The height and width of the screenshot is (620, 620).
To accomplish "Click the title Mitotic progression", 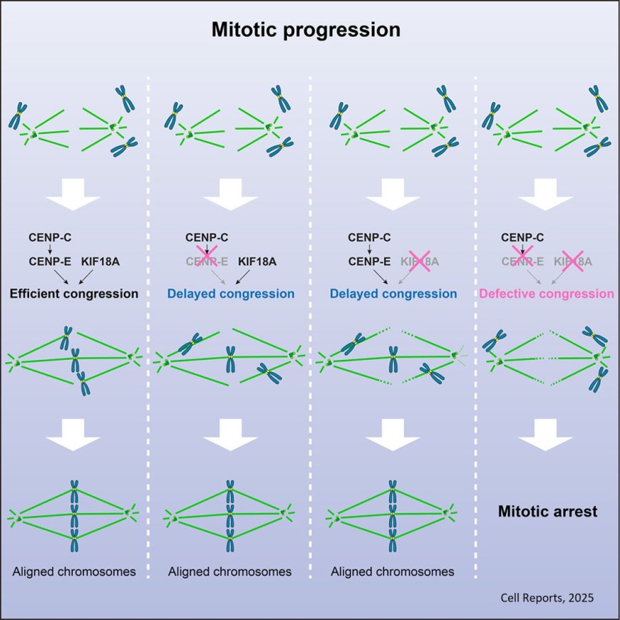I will coord(306,31).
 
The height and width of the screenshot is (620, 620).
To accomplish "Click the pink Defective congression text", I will coord(547,294).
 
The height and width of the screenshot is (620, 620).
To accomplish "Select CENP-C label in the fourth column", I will coord(523,237).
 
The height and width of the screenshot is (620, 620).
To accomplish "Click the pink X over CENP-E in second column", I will coord(207,261).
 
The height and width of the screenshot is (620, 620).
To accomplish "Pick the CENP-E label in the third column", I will coord(369,262).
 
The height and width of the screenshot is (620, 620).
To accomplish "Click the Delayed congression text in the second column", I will coord(231,294).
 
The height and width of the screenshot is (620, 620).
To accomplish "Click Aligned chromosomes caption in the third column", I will coord(393,572).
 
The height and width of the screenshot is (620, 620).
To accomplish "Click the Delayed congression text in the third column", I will coord(393,294).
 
